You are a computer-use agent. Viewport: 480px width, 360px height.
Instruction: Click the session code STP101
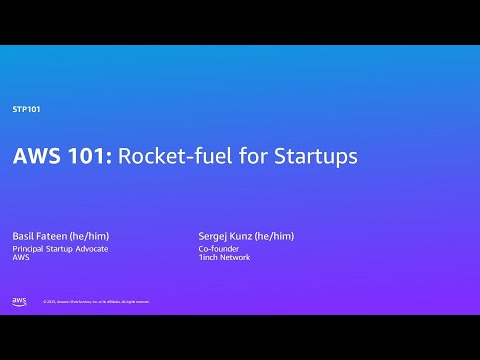(26, 108)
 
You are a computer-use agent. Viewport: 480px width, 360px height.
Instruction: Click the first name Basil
(22, 236)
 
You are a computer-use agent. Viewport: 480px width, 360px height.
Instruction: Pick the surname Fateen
(53, 236)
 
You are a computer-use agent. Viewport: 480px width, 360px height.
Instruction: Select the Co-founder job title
(218, 248)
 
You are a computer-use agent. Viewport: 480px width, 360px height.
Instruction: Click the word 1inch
(209, 258)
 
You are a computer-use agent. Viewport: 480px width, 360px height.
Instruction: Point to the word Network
(236, 258)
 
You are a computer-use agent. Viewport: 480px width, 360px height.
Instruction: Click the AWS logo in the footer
(19, 301)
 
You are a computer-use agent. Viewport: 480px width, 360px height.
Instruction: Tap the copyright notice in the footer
(96, 302)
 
